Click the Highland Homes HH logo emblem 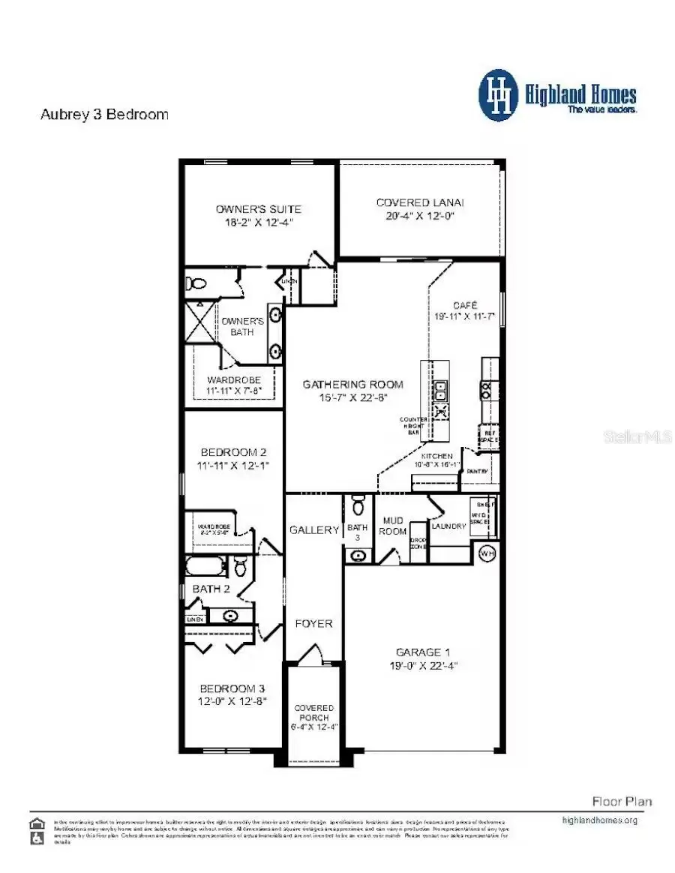coord(499,95)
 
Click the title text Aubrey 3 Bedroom coord(103,115)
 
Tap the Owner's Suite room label coord(259,208)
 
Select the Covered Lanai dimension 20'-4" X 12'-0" coord(420,215)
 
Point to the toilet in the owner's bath coord(196,284)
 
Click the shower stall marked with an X coord(200,322)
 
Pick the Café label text coord(463,306)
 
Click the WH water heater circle coord(487,553)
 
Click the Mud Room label coord(394,525)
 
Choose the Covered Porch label coord(314,712)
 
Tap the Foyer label coord(313,623)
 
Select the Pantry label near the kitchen coord(478,471)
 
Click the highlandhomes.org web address coord(599,820)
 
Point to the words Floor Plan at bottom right coord(622,802)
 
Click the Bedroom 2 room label coord(233,452)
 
